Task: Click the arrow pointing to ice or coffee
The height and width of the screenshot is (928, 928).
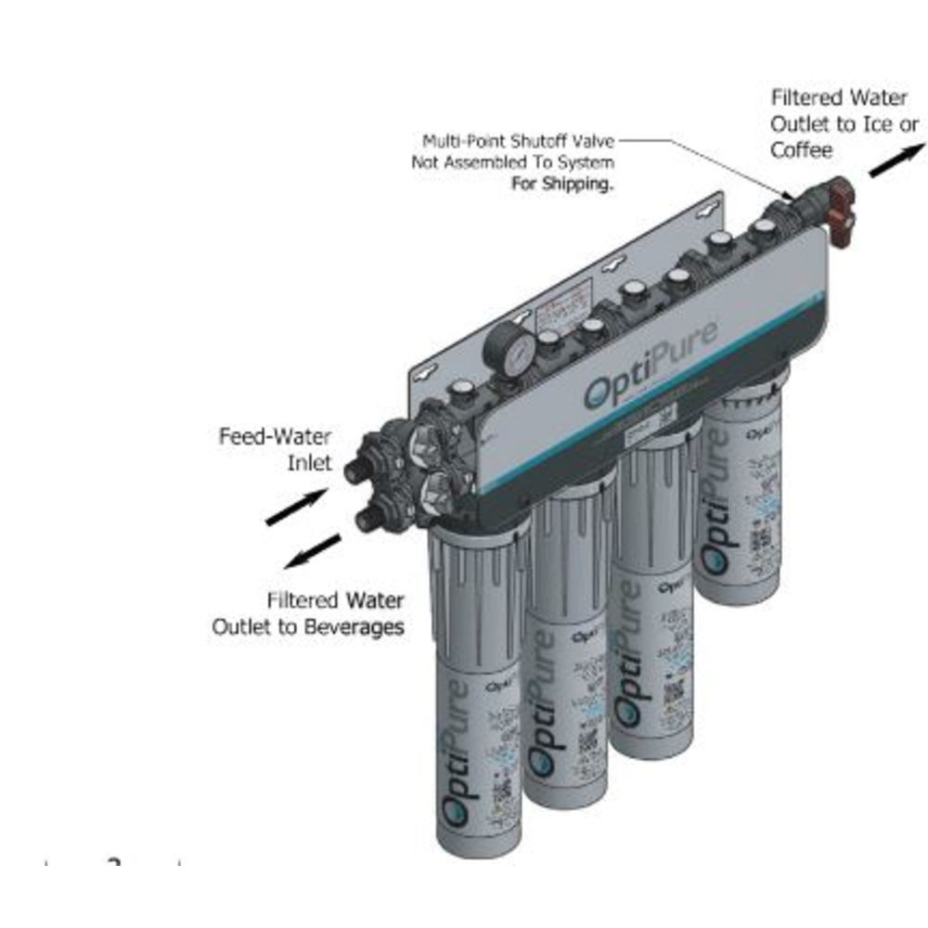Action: [x=897, y=159]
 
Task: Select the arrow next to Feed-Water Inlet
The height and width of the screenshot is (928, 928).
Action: [x=295, y=508]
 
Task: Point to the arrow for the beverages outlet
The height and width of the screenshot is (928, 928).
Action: [x=311, y=551]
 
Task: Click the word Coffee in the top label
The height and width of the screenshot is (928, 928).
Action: [x=801, y=149]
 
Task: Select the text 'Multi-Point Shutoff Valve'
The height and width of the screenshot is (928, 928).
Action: [x=518, y=142]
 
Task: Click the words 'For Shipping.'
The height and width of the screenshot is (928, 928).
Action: [x=563, y=184]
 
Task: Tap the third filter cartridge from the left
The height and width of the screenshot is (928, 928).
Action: [x=656, y=594]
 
